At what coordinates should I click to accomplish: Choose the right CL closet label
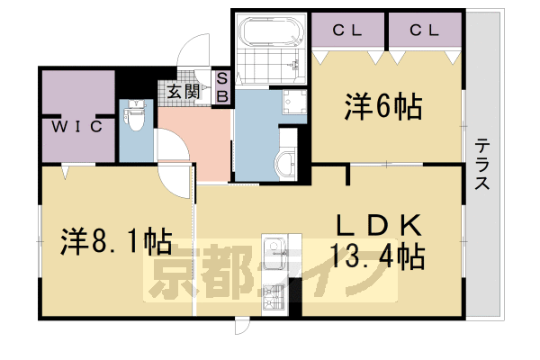pos(424,31)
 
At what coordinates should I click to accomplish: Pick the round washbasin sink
pos(285,164)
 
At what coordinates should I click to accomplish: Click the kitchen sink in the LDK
pos(274,249)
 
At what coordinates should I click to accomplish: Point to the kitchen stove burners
pos(274,292)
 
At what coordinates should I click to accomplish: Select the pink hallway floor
pos(193,135)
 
